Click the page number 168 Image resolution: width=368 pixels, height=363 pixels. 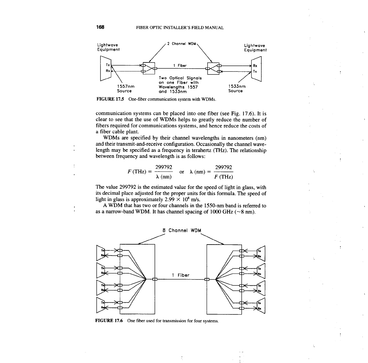point(100,27)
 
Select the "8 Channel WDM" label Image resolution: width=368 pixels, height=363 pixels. point(182,231)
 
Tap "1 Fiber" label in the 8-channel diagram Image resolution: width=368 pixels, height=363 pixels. point(181,275)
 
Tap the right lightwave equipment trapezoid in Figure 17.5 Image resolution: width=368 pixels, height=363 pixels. point(256,69)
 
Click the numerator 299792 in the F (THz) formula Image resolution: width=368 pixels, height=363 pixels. point(163,167)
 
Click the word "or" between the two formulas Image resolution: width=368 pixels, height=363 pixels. point(182,172)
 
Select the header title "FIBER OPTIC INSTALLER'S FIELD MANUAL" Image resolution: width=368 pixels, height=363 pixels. point(180,28)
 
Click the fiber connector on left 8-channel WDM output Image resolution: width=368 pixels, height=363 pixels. point(155,280)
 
